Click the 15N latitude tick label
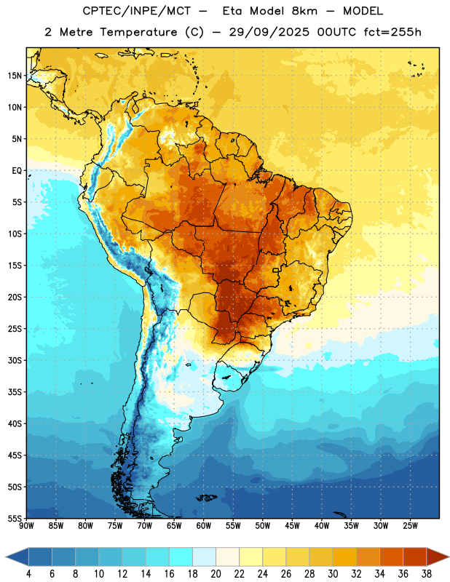[15, 76]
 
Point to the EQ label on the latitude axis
[17, 171]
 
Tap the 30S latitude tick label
[15, 360]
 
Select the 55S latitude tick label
[15, 519]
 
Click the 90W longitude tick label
[26, 526]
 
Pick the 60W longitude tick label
[204, 526]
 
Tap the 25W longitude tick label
[410, 526]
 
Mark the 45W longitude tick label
[292, 526]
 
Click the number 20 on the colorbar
[216, 574]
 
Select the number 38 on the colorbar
[427, 574]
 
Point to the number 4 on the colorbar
[28, 574]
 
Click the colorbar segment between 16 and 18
[181, 557]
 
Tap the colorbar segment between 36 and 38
[415, 557]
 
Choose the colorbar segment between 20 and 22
[228, 557]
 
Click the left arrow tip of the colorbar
[6, 557]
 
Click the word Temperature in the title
[138, 32]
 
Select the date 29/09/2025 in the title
[269, 32]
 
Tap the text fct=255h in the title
[392, 32]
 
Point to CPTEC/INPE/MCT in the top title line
[136, 11]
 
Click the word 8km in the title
[304, 11]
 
